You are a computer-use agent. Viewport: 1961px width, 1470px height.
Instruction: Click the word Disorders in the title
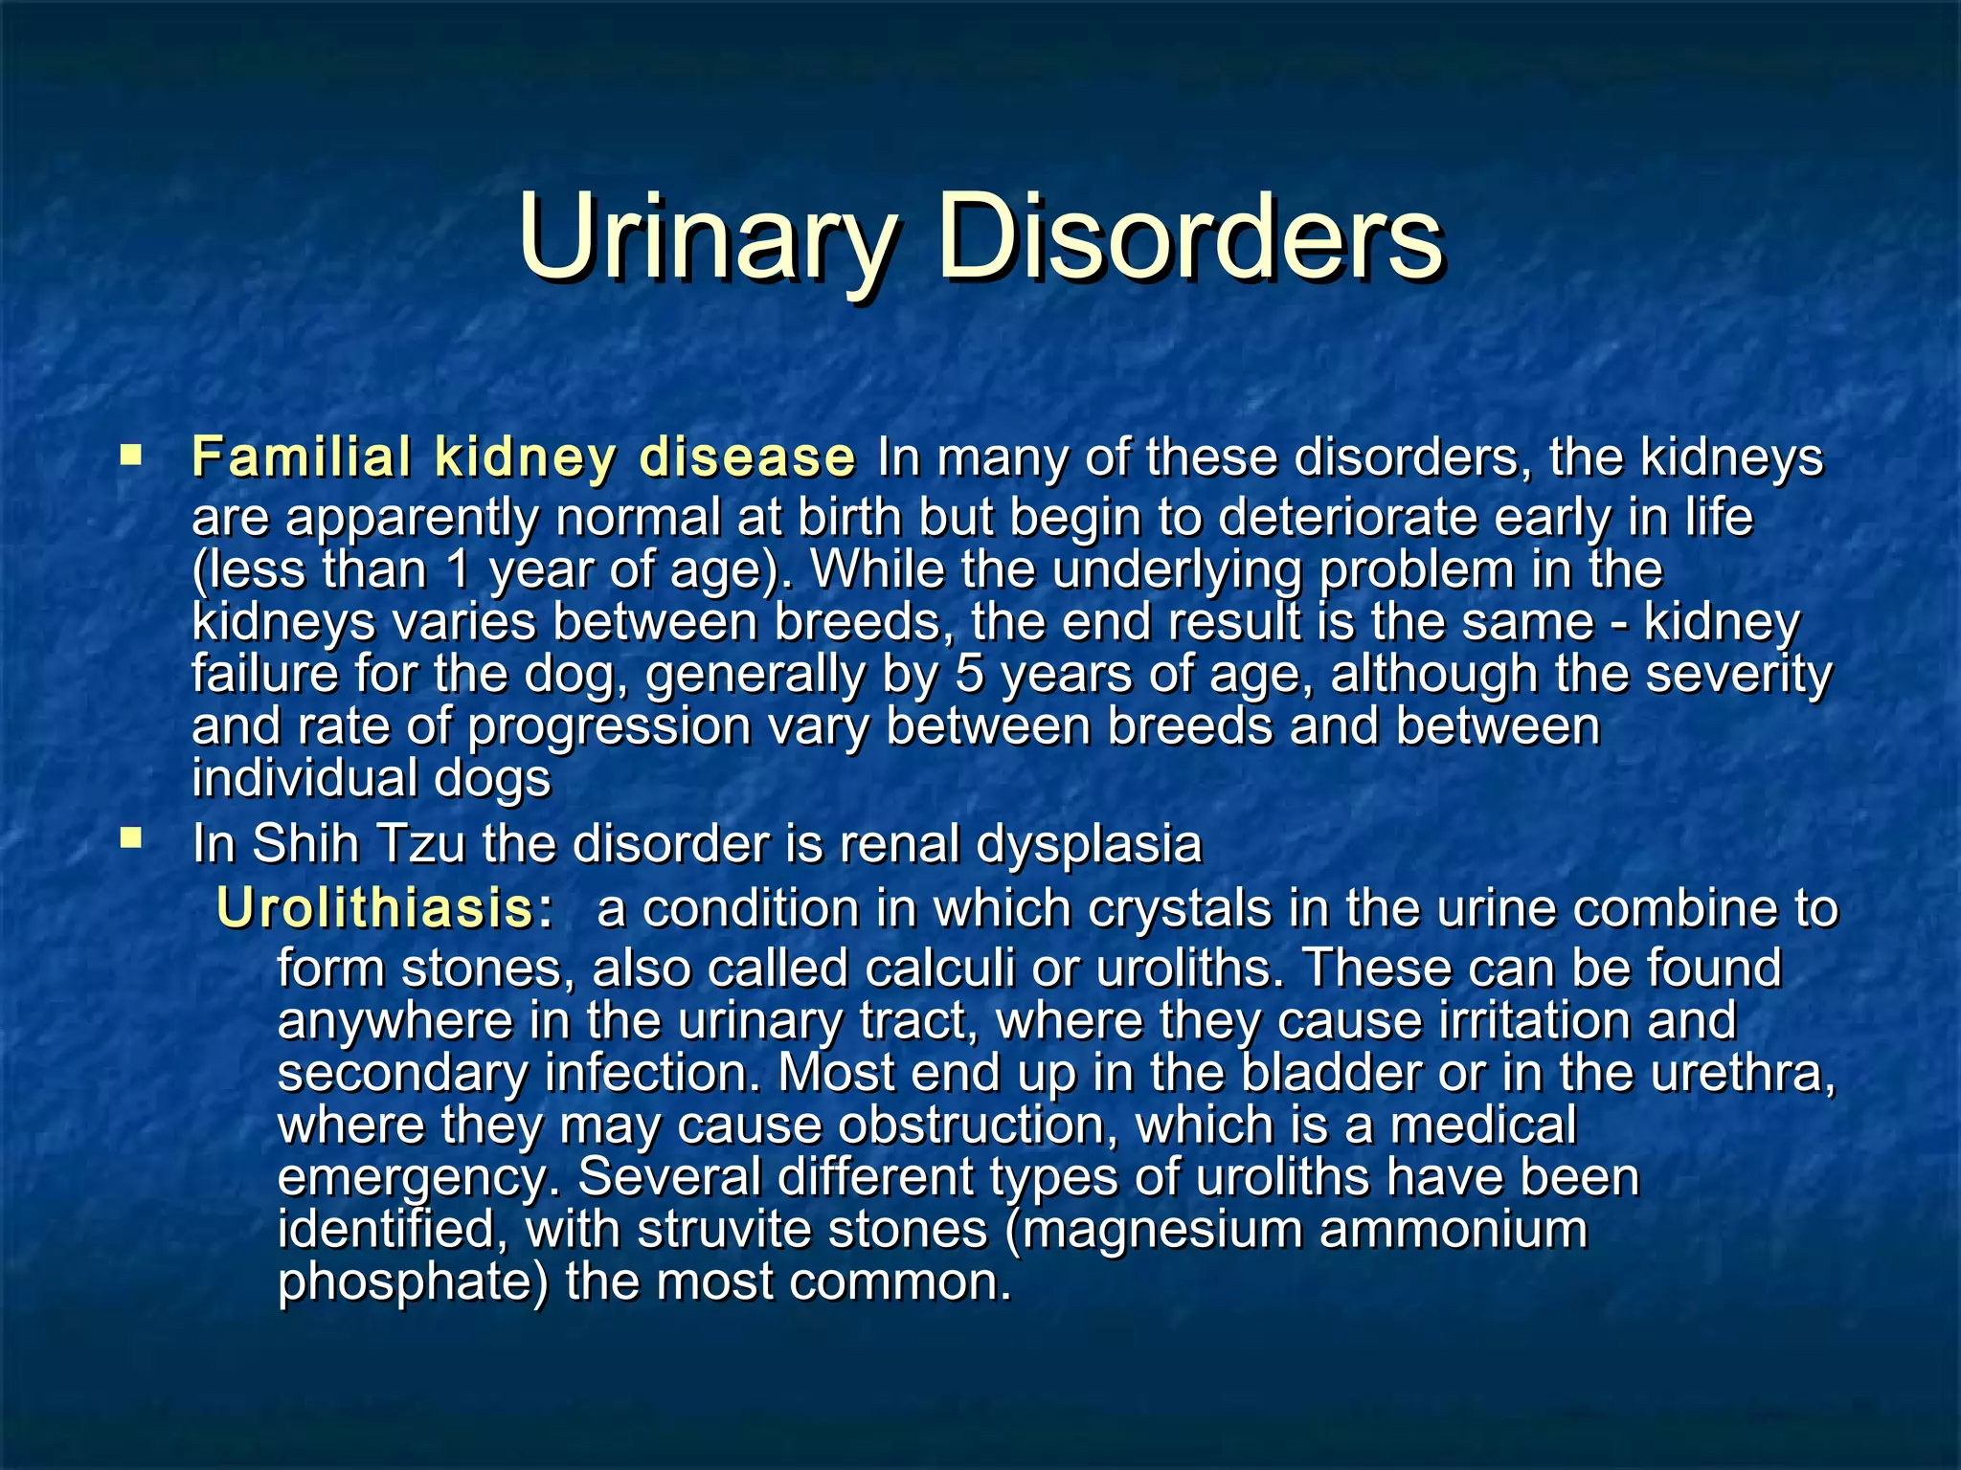click(x=1190, y=236)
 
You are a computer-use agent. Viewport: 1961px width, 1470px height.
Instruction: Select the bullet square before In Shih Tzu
click(x=130, y=839)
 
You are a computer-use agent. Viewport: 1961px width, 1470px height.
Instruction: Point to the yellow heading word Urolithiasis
click(x=374, y=907)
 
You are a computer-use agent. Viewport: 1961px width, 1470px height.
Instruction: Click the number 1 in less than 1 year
click(x=460, y=568)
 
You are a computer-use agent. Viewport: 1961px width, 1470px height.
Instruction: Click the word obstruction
click(x=979, y=1125)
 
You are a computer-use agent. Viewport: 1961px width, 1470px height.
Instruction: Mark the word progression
click(x=609, y=725)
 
